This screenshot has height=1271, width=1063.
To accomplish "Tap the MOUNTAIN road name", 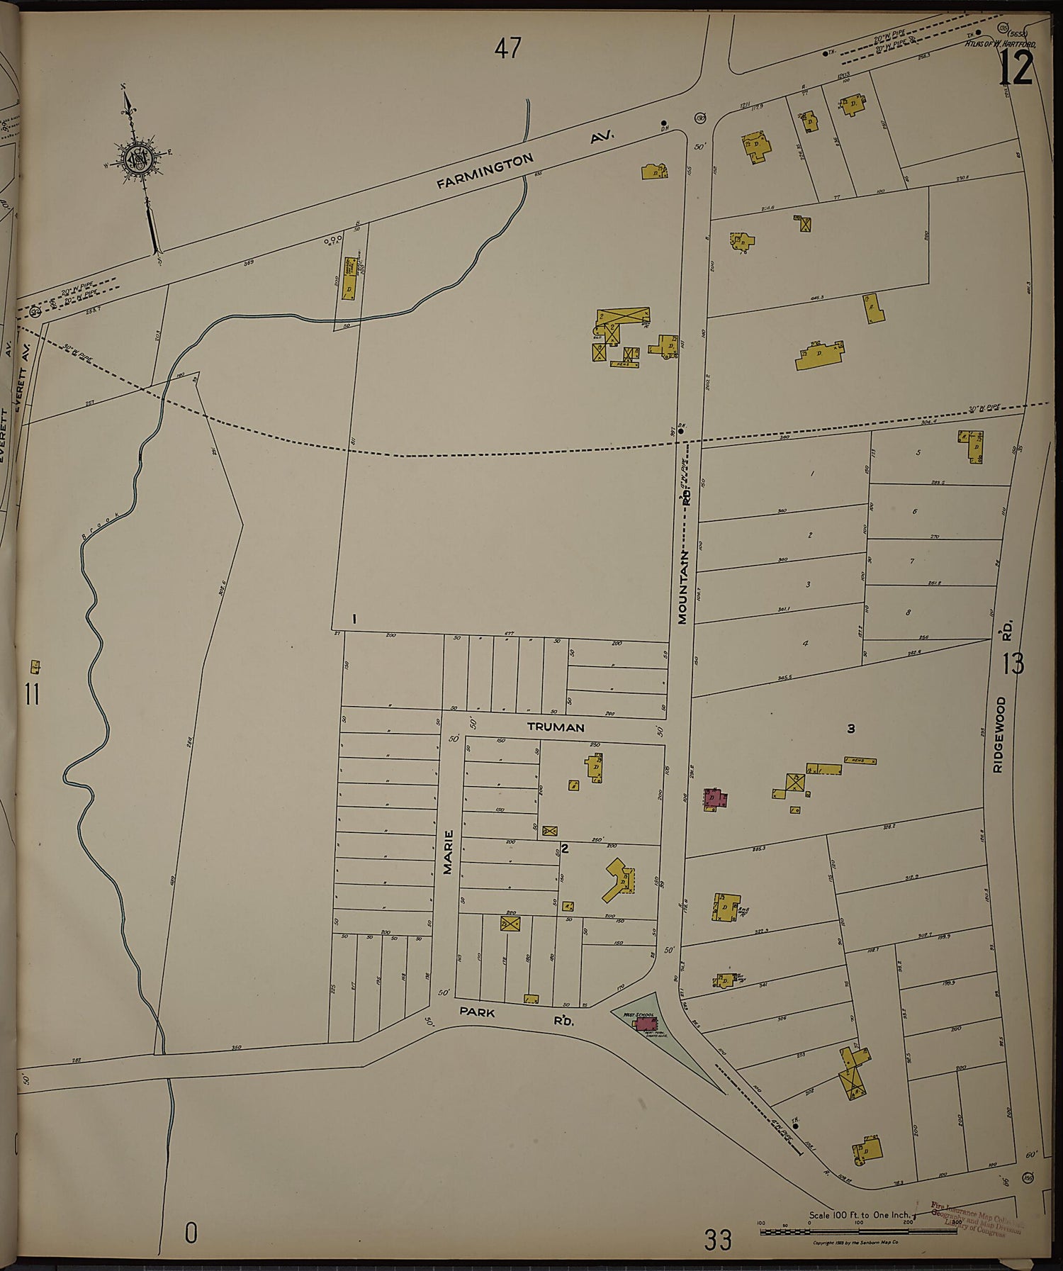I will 682,586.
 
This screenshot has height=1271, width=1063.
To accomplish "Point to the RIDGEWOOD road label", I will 999,734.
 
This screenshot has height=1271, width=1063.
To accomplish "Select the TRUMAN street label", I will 556,727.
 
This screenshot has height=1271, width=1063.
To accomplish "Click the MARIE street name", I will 448,851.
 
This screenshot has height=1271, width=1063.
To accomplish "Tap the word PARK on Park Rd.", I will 477,1012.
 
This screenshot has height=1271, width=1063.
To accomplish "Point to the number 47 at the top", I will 508,49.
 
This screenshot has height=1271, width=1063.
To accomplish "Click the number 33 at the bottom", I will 717,1241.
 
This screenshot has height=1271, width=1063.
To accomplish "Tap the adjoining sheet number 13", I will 1013,664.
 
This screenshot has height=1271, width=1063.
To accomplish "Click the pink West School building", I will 646,1023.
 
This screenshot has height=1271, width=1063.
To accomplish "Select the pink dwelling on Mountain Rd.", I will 715,799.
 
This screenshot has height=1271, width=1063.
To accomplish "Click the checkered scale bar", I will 836,1232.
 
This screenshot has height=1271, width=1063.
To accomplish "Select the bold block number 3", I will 851,729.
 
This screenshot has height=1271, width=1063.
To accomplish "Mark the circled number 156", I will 1028,1177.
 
